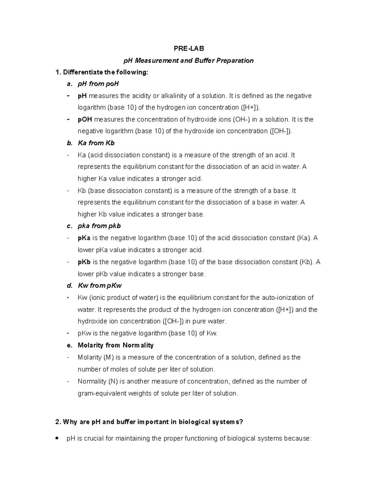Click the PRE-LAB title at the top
coord(189,49)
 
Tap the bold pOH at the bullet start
coord(85,120)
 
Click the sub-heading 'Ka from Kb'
coord(96,143)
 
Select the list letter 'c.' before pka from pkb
coord(69,226)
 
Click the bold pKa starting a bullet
coord(84,238)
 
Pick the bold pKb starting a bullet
coord(84,262)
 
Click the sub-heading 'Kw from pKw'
coord(100,286)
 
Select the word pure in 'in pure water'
coord(199,322)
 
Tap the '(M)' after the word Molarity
coord(109,357)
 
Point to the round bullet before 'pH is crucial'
coord(57,438)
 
